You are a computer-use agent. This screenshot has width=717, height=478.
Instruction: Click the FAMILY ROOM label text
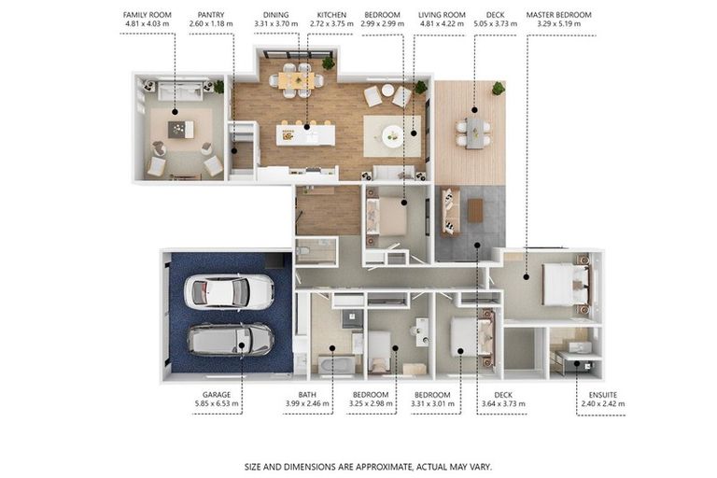[x=148, y=15]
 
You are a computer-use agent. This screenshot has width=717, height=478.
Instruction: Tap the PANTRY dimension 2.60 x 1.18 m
[x=211, y=23]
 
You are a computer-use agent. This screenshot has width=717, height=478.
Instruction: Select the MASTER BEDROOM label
[x=559, y=15]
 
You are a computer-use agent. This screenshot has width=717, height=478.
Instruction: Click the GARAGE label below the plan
[x=217, y=394]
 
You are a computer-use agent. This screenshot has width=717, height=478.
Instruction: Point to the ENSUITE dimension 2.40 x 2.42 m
[x=603, y=404]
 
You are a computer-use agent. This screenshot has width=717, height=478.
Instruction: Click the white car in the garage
[x=229, y=292]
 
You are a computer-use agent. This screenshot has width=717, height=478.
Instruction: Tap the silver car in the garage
[x=231, y=340]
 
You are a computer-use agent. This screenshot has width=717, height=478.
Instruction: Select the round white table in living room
[x=392, y=136]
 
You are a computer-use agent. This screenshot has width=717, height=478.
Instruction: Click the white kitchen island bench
[x=305, y=135]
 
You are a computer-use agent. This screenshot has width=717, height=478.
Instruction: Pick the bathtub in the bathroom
[x=336, y=365]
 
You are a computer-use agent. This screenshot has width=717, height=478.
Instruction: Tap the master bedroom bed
[x=566, y=285]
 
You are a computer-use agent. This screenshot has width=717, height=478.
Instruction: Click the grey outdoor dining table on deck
[x=474, y=134]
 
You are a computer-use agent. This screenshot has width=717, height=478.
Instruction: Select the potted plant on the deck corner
[x=498, y=88]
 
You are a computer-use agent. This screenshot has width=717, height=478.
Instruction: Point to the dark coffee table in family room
[x=180, y=130]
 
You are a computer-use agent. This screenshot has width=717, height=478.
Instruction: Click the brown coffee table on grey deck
[x=475, y=211]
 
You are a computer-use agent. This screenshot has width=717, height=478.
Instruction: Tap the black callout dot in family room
[x=175, y=112]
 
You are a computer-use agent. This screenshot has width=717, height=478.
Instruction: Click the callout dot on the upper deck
[x=474, y=110]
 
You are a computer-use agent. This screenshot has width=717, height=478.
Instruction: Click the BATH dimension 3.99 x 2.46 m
[x=307, y=404]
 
